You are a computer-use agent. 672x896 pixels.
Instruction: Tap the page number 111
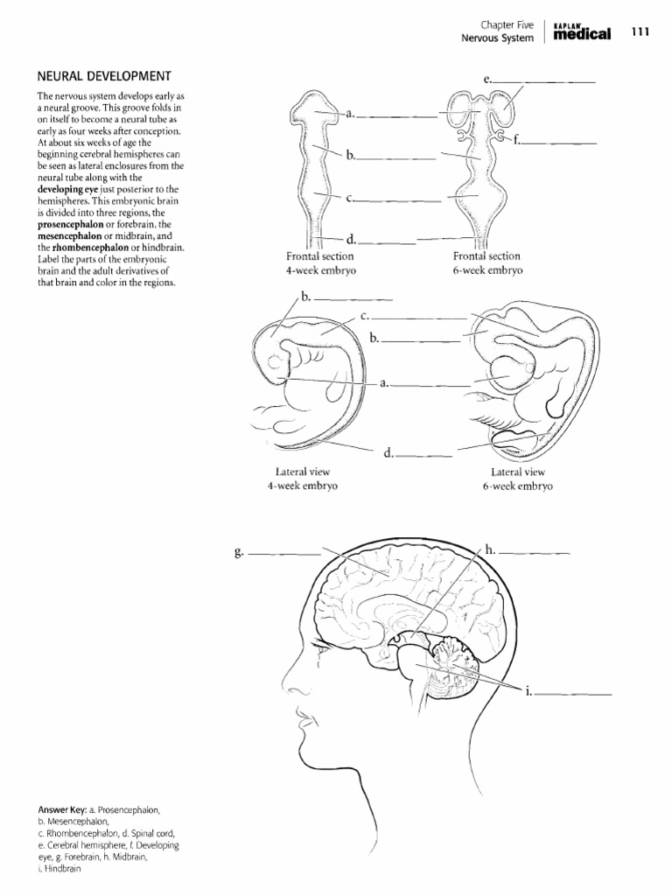pos(640,32)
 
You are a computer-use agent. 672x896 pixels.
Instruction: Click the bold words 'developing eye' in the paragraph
pos(73,189)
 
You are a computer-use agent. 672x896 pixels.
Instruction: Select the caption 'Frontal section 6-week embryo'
pos(486,263)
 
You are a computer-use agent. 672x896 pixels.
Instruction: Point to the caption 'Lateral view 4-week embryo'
pos(302,479)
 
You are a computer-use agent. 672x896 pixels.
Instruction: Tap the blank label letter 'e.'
pos(486,80)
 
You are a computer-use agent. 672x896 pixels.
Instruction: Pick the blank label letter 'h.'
pos(490,550)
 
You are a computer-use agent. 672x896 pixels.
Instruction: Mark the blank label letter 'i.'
pos(528,691)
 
